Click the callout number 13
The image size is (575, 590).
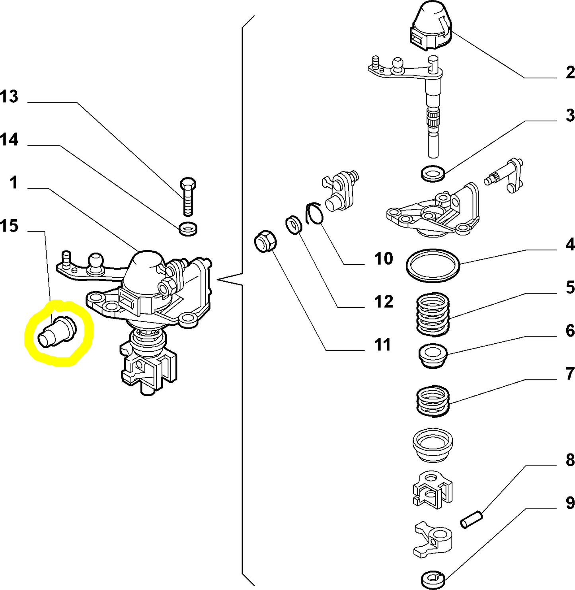(x=9, y=97)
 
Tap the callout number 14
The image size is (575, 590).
(x=9, y=140)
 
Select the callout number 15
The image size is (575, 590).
(x=9, y=226)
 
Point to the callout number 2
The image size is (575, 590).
(x=570, y=73)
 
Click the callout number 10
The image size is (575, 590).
(x=383, y=259)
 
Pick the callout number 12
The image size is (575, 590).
(x=383, y=302)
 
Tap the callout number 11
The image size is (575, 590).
(x=383, y=345)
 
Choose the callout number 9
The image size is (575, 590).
(x=570, y=503)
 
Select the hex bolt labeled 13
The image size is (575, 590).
(x=188, y=197)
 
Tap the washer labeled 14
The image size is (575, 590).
(x=188, y=229)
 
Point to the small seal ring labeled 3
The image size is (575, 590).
(x=433, y=173)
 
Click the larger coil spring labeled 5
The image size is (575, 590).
(x=433, y=314)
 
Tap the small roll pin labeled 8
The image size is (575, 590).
(x=472, y=519)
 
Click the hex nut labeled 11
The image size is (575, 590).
(x=265, y=241)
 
